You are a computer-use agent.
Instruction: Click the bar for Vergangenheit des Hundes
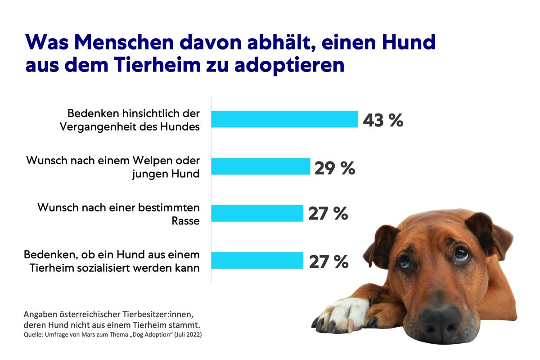284,119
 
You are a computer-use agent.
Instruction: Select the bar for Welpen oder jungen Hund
261,166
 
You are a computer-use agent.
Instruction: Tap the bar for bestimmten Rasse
257,213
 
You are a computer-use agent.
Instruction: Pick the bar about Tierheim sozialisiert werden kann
257,260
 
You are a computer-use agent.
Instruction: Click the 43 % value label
383,121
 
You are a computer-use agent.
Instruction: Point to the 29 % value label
335,168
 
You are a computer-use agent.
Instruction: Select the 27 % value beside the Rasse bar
328,214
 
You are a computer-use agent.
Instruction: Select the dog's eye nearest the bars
405,261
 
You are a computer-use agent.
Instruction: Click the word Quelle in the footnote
33,335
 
